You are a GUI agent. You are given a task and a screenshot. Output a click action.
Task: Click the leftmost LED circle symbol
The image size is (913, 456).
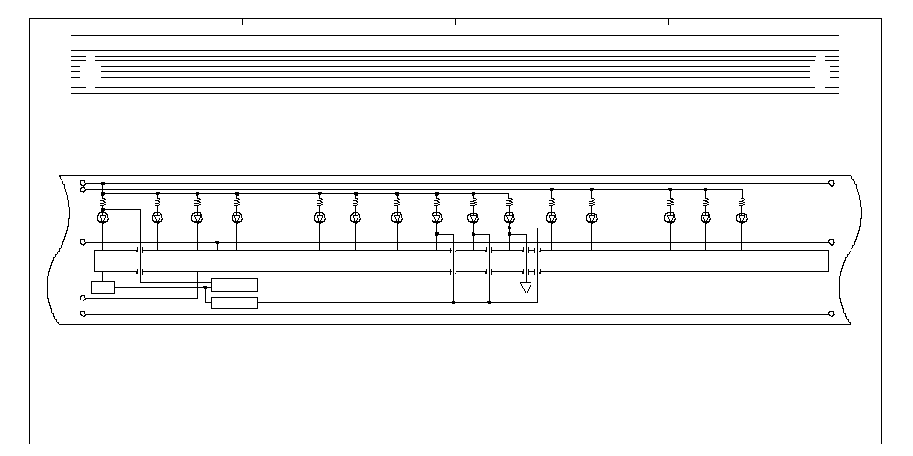(103, 218)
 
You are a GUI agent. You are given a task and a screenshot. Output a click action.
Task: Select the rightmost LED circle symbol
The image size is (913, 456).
(741, 218)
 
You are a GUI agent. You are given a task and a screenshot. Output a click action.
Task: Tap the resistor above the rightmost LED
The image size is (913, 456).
(741, 203)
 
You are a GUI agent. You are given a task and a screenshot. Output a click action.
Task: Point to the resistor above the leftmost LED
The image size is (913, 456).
(103, 203)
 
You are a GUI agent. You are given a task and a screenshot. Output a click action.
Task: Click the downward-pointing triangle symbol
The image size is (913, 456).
(526, 287)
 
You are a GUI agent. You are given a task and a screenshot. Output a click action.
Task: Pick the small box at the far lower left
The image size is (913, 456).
(103, 287)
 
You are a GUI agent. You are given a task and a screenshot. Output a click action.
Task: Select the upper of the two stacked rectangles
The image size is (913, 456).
(234, 284)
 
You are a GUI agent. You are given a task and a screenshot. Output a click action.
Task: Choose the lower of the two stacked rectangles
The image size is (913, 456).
(234, 303)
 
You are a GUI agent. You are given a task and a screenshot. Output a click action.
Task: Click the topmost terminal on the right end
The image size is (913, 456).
(831, 182)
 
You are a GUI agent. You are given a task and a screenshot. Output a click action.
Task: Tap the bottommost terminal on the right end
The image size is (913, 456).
(831, 313)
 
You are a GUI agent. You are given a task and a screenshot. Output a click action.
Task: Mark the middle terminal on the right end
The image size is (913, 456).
(831, 242)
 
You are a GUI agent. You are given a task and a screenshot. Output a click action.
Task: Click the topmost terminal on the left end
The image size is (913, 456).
(83, 182)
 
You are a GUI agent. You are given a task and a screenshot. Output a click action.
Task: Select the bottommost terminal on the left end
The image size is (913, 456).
(83, 313)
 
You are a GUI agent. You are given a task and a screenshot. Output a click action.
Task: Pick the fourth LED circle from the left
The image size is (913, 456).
(236, 218)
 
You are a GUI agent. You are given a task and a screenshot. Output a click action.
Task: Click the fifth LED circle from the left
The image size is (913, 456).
(319, 218)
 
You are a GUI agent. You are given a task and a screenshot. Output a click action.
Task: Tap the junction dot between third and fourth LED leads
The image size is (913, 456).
(218, 243)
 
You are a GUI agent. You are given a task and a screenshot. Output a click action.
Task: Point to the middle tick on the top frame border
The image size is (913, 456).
(456, 20)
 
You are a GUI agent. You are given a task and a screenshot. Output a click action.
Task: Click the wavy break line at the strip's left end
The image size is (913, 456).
(65, 250)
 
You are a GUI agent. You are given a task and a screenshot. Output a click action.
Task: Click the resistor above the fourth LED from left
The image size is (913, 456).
(236, 203)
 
